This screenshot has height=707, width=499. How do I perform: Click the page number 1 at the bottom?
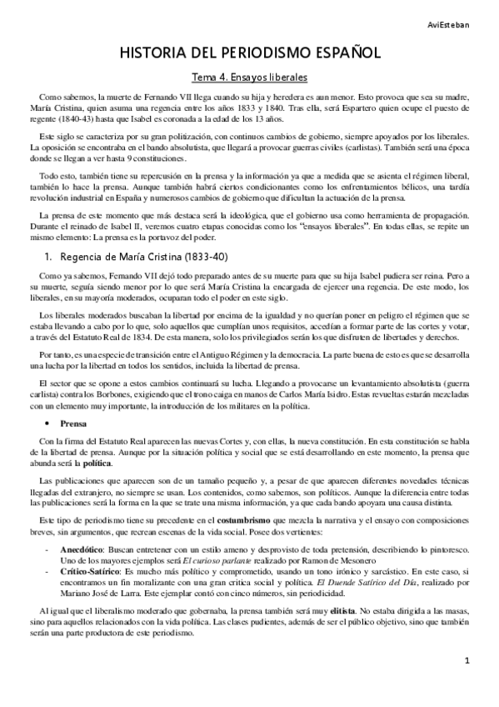click(x=468, y=685)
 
